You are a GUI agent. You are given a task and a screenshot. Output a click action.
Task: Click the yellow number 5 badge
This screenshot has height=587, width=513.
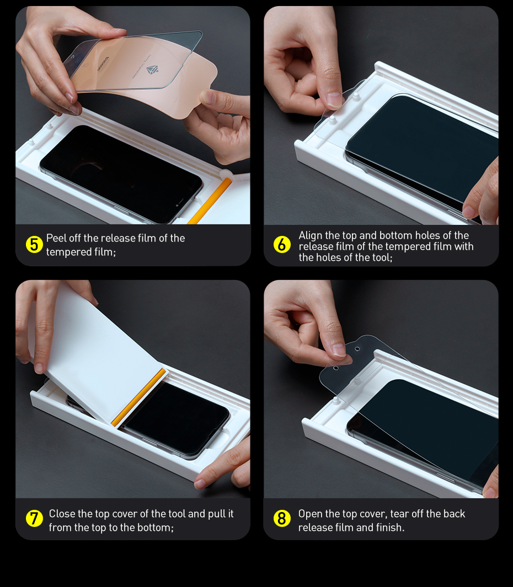(x=34, y=245)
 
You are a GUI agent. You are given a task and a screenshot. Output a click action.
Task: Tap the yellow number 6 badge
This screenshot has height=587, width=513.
(x=282, y=245)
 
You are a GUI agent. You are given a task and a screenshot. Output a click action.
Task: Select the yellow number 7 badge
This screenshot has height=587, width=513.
(x=34, y=519)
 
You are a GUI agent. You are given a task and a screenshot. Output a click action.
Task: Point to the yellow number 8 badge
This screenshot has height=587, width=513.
(x=282, y=519)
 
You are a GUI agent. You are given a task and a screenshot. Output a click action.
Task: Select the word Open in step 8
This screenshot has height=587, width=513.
(x=309, y=514)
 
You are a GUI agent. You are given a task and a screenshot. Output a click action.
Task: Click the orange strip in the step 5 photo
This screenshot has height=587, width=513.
(x=210, y=201)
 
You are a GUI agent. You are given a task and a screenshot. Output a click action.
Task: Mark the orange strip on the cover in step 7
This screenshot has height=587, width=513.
(x=138, y=397)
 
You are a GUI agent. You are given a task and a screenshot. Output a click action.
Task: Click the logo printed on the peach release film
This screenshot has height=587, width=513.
(x=152, y=69)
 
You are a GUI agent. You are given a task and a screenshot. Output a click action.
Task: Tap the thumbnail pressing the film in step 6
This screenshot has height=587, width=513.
(x=334, y=100)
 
